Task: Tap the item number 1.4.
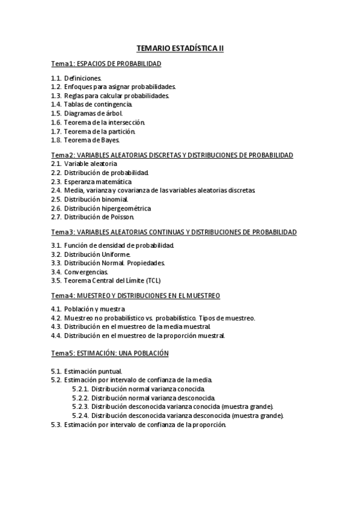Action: [x=56, y=104]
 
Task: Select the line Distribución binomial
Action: [x=96, y=199]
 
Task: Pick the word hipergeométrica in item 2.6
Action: [x=125, y=208]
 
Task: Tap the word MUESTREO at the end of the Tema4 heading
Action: [x=203, y=295]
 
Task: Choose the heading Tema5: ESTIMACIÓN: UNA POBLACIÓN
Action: [x=109, y=352]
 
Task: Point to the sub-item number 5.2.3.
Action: [x=81, y=406]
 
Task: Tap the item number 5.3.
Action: [x=56, y=424]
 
